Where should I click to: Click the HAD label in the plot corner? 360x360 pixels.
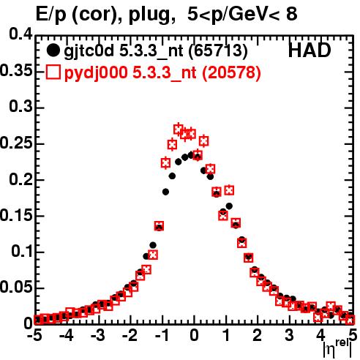[x=310, y=50]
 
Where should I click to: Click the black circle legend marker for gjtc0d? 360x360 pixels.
[x=53, y=50]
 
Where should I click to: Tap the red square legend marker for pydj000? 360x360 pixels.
[x=53, y=72]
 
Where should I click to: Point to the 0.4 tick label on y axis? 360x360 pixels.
[x=20, y=34]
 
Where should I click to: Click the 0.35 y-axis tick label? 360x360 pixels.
[x=16, y=71]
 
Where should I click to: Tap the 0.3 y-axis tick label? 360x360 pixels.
[x=20, y=107]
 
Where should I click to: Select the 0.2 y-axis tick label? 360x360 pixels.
[x=20, y=179]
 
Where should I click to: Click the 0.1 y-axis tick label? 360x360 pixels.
[x=22, y=251]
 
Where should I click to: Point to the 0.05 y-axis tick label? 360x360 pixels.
[x=16, y=288]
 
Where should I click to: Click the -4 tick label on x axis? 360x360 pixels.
[x=66, y=335]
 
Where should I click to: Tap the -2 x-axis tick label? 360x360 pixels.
[x=130, y=335]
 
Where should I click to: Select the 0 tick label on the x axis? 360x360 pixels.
[x=194, y=335]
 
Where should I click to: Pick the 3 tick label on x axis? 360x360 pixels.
[x=289, y=335]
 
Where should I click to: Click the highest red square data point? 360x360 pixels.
[x=179, y=130]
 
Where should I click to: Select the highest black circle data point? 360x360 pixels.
[x=191, y=155]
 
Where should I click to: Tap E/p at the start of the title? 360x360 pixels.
[x=51, y=14]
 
